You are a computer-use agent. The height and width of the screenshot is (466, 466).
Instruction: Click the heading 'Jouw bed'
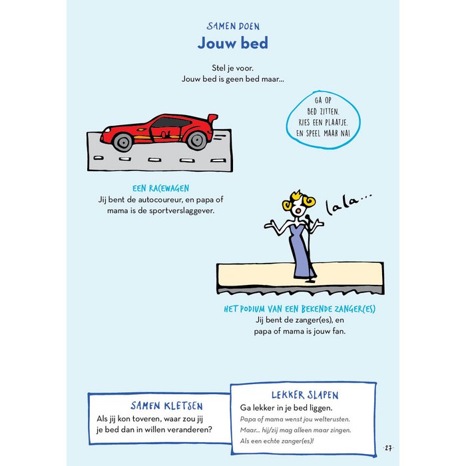233,43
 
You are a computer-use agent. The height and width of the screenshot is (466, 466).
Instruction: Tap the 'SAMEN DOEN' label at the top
233,27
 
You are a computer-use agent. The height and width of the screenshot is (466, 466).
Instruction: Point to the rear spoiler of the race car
211,118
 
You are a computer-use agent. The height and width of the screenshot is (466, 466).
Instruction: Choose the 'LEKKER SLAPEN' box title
304,395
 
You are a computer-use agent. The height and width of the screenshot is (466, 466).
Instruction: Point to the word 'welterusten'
327,419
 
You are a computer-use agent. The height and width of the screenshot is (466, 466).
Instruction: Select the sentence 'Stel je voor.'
233,67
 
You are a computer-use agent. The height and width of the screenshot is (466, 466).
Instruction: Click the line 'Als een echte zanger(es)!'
276,441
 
